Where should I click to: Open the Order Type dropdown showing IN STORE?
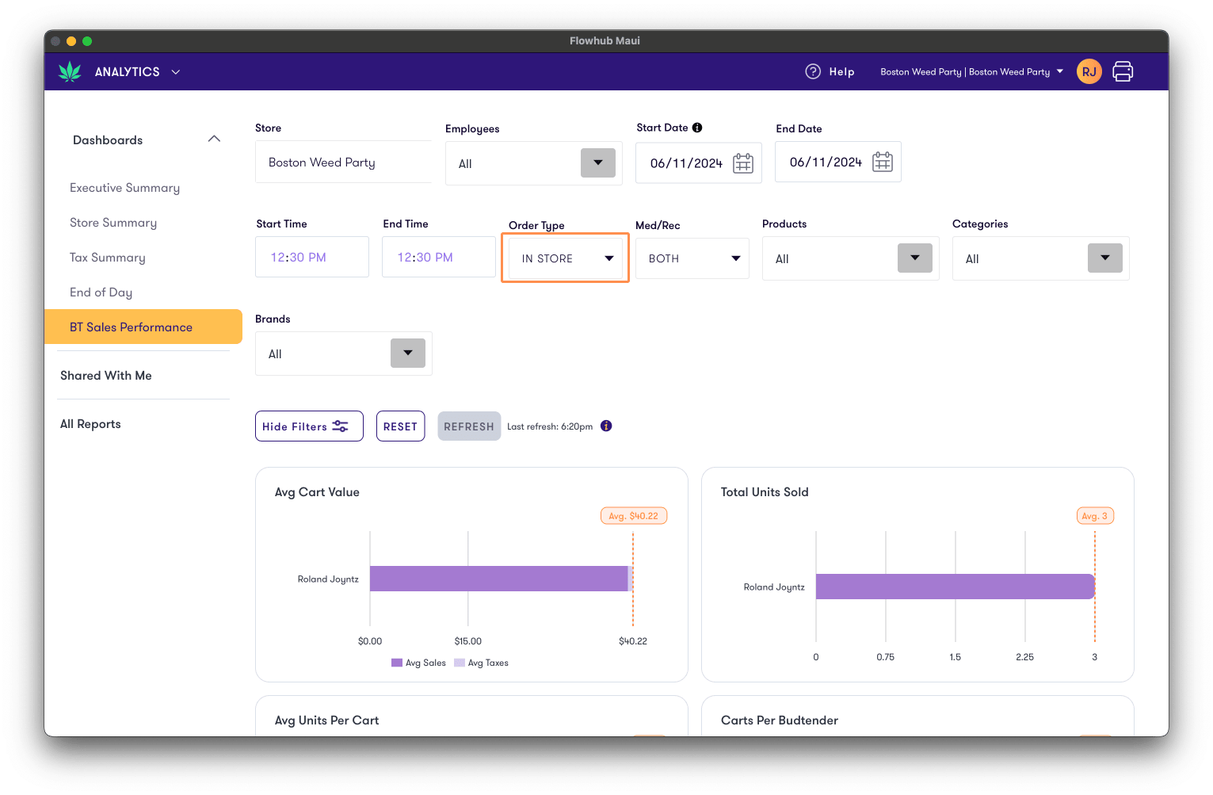pos(566,258)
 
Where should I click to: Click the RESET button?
pos(400,426)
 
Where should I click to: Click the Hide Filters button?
pos(309,426)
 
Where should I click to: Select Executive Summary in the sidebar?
pos(124,188)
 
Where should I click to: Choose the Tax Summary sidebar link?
pos(107,258)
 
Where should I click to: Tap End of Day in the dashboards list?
pos(101,292)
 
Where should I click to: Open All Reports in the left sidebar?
pos(90,424)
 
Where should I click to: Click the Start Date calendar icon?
pos(743,163)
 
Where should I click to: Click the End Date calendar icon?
pos(882,162)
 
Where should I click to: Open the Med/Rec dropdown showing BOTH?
pos(692,258)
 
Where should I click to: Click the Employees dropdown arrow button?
pos(598,163)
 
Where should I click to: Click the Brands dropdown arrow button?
pos(408,354)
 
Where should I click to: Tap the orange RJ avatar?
pos(1089,71)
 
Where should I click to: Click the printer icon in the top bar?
pos(1123,71)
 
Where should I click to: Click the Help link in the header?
pos(830,71)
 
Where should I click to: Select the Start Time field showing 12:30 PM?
pos(312,257)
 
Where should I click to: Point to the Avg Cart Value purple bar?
pos(498,579)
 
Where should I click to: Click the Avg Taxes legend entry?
pos(482,663)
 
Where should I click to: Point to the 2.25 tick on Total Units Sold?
pos(1024,657)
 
